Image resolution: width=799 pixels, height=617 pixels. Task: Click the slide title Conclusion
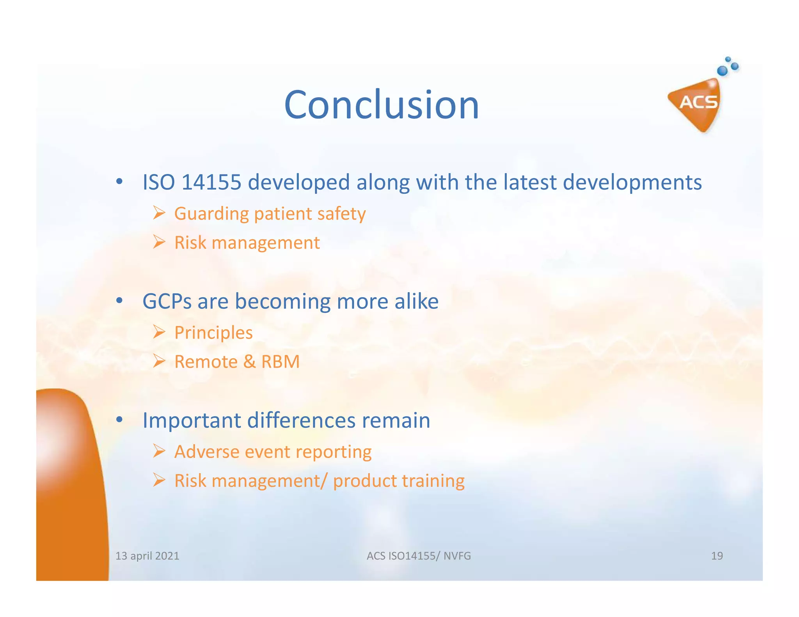(x=381, y=105)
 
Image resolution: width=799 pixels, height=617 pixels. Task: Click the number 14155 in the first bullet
(x=211, y=182)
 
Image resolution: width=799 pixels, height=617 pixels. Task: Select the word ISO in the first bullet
(x=158, y=182)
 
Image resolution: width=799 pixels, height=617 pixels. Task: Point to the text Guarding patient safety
(x=270, y=214)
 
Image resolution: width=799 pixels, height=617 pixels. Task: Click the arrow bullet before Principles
(x=159, y=332)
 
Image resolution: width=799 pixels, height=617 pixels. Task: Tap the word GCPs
(x=167, y=301)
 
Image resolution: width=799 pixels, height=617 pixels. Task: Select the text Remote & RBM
(x=237, y=362)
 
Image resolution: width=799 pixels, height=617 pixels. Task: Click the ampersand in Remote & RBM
(x=249, y=362)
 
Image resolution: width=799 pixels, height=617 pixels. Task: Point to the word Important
(x=191, y=420)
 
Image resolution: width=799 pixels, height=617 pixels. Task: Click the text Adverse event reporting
(x=273, y=452)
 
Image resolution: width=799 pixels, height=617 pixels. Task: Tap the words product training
(x=398, y=481)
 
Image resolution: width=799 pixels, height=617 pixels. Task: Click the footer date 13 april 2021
(x=147, y=556)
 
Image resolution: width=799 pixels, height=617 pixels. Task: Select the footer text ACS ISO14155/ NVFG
(x=419, y=556)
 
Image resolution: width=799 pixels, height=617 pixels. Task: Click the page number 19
(x=717, y=556)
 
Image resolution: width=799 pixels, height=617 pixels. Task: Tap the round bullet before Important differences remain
(x=120, y=420)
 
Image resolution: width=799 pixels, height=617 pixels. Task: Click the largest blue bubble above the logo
(x=722, y=71)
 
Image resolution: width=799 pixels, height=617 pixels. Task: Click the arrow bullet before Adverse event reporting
(x=159, y=451)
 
